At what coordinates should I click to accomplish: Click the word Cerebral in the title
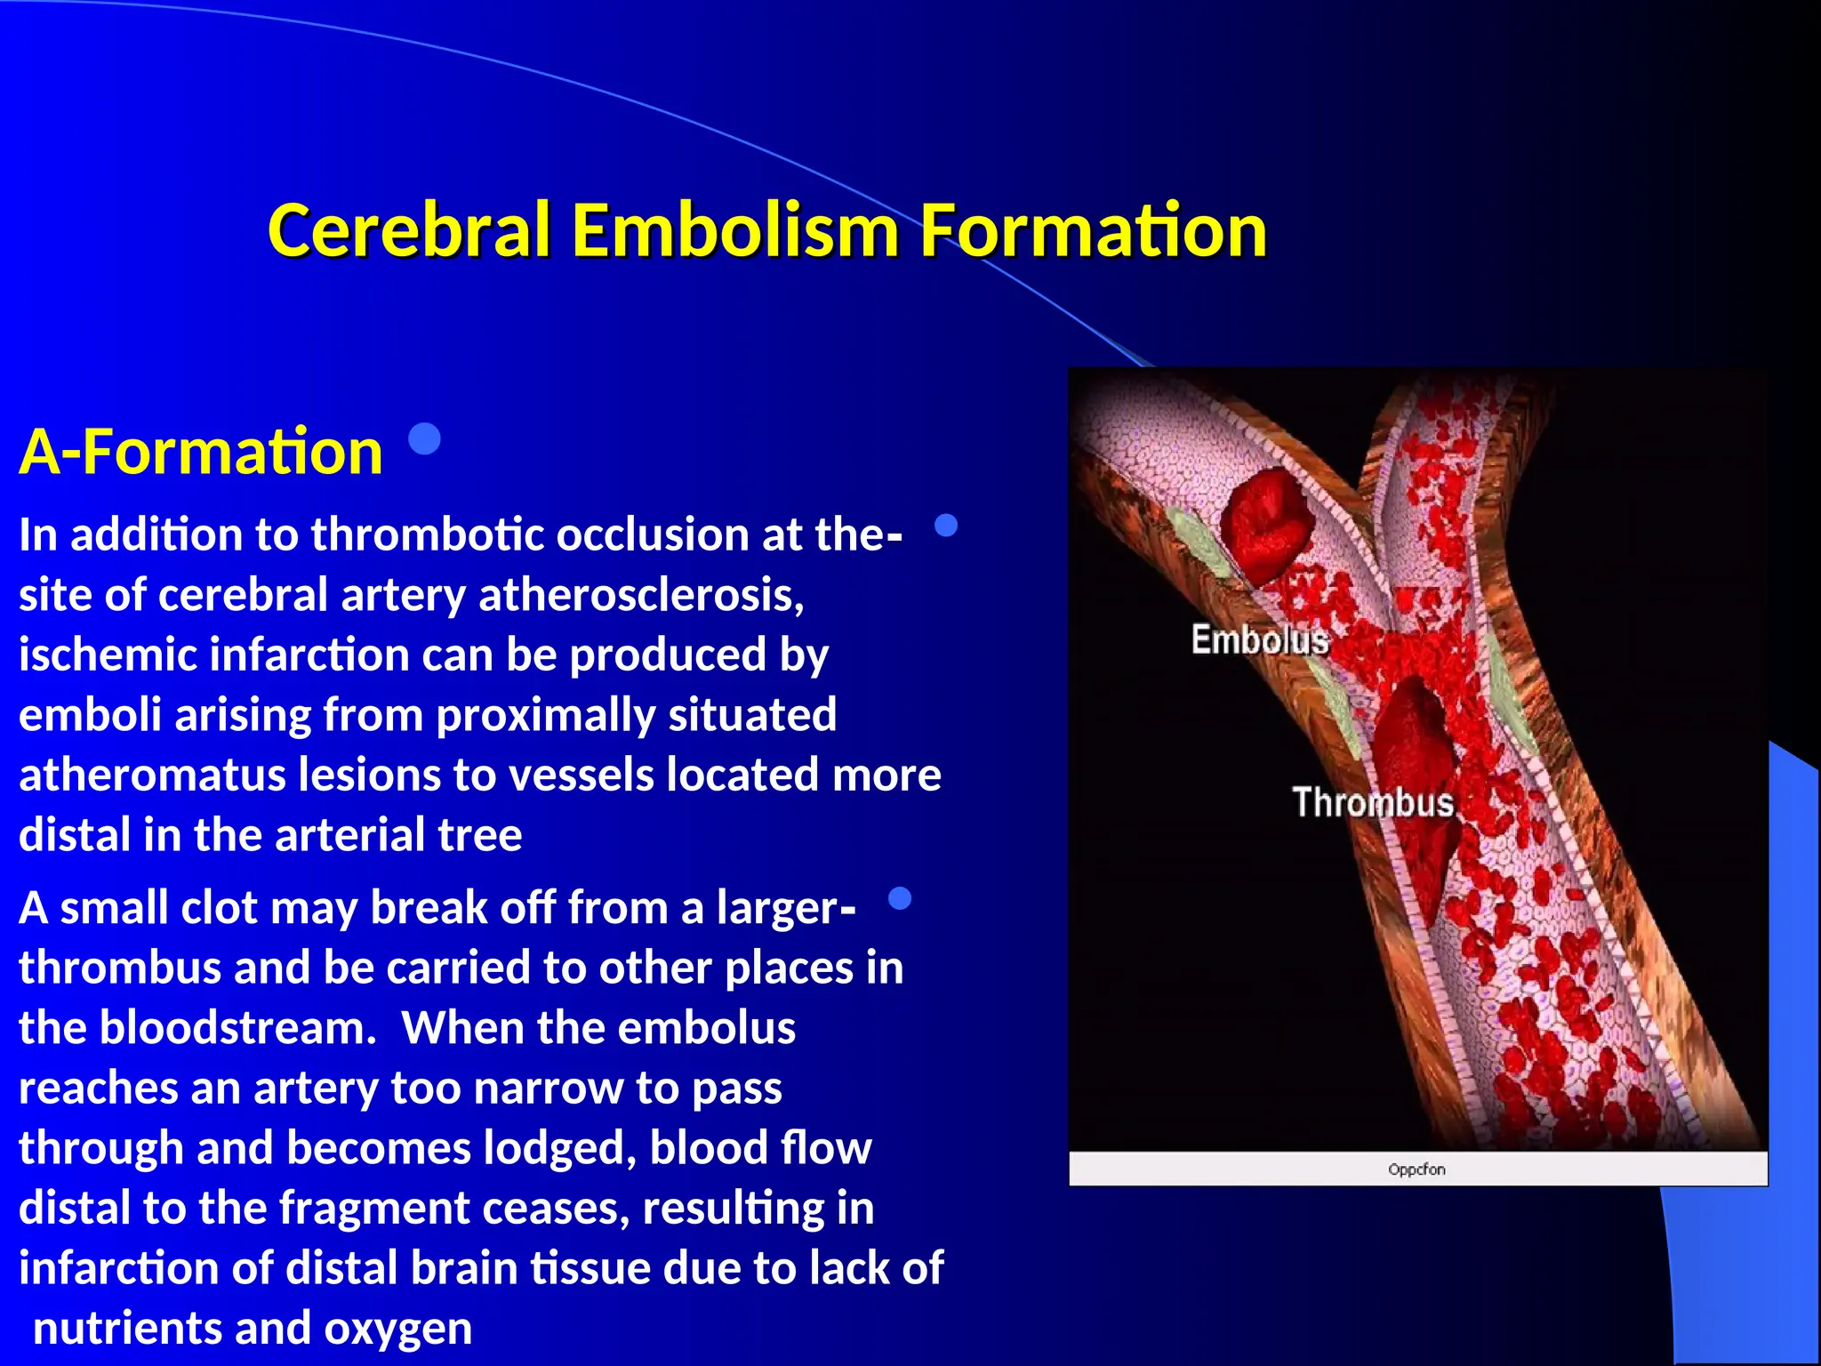(409, 231)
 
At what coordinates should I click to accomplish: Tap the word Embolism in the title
(734, 231)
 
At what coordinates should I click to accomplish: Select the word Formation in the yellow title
(1092, 231)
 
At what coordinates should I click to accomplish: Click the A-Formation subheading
(201, 452)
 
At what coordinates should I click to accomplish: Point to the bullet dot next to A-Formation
(425, 438)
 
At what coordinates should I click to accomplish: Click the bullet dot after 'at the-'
(946, 526)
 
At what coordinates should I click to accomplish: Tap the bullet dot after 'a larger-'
(900, 898)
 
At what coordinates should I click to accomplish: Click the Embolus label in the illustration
(1259, 640)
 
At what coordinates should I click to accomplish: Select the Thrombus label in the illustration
(1372, 802)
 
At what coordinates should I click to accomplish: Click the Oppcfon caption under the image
(1416, 1169)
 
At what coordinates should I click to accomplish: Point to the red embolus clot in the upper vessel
(1267, 526)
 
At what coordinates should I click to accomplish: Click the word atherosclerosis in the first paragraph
(641, 595)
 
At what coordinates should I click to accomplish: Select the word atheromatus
(151, 775)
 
